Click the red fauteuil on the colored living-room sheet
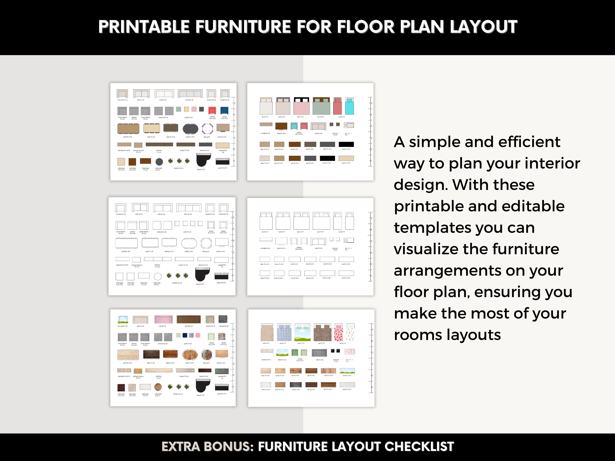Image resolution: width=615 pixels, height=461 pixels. click(212, 110)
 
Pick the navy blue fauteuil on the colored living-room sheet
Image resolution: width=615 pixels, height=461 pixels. click(224, 110)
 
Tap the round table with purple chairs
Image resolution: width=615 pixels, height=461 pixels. click(207, 129)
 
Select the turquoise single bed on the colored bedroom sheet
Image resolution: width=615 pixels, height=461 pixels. click(350, 106)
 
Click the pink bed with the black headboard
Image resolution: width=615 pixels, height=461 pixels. click(301, 106)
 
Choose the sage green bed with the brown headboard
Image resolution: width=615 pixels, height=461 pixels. click(321, 106)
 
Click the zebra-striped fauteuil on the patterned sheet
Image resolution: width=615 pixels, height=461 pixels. click(223, 319)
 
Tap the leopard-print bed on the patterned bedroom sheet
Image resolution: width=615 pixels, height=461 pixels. click(323, 333)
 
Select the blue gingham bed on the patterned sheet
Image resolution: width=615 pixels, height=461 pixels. click(284, 333)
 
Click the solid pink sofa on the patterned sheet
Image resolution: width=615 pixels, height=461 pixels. click(163, 319)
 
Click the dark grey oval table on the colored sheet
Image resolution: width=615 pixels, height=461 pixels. click(190, 129)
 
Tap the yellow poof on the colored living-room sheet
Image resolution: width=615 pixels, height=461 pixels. click(186, 109)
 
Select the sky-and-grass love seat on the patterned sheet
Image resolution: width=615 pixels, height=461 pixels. click(123, 319)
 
